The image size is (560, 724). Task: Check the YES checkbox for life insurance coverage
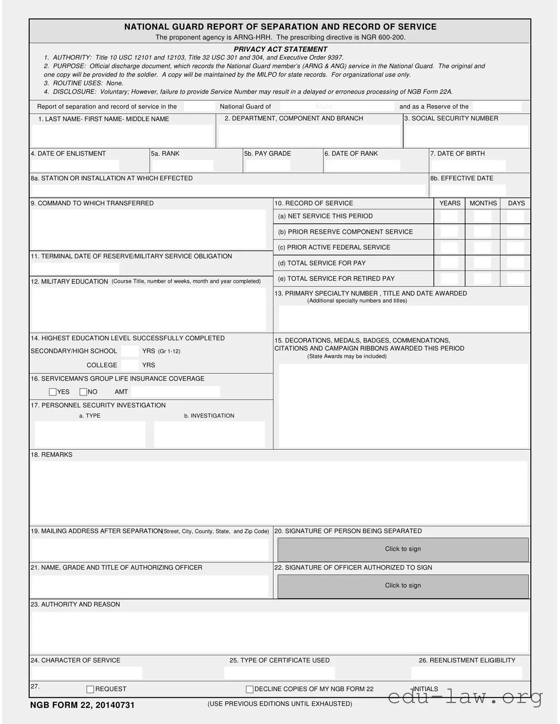tap(53, 392)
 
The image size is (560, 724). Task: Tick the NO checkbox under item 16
tap(83, 392)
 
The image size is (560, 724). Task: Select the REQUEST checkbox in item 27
tap(90, 689)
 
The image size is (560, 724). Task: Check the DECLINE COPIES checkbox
tap(250, 689)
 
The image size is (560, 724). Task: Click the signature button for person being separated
tap(403, 549)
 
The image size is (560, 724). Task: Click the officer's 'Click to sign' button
tap(403, 586)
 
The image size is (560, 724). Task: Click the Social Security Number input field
tap(466, 136)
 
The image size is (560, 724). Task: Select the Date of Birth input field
tap(468, 165)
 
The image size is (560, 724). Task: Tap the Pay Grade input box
tap(268, 165)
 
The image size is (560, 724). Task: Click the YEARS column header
tap(450, 203)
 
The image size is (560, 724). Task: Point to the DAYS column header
tap(516, 203)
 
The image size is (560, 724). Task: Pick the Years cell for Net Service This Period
tap(449, 216)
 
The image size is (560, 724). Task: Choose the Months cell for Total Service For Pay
tap(482, 263)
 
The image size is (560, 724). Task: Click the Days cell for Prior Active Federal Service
tap(515, 247)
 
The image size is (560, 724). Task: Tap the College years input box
tap(130, 365)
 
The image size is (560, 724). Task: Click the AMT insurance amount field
tap(176, 392)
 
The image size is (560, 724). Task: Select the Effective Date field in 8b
tap(468, 191)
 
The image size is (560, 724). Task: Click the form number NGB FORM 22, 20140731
tap(82, 705)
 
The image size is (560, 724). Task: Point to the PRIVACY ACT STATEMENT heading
tap(280, 49)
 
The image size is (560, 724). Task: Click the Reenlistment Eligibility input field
tap(467, 673)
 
